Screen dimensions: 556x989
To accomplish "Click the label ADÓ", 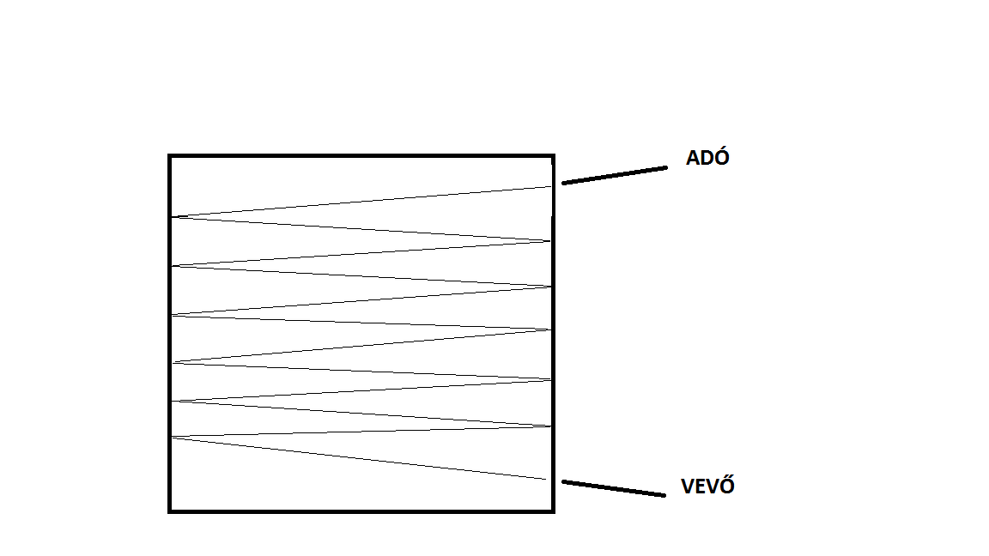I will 707,159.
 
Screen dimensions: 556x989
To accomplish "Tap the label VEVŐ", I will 707,486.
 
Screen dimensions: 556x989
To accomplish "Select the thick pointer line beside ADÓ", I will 615,175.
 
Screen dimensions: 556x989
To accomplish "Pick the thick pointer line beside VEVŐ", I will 613,488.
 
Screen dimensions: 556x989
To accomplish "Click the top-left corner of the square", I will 170,156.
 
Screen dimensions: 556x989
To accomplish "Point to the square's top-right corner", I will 553,156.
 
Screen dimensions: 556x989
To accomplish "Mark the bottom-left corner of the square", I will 170,511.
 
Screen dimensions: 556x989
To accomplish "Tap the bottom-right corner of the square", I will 553,511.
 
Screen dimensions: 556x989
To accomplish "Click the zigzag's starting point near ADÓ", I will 550,187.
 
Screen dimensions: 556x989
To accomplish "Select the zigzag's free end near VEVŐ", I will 546,479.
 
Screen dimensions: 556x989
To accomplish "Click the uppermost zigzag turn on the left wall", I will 173,217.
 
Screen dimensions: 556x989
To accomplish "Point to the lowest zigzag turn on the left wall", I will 173,438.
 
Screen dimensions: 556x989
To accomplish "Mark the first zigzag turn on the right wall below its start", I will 550,241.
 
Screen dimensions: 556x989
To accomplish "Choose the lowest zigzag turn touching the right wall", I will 550,426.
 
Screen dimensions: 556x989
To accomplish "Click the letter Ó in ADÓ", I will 721,158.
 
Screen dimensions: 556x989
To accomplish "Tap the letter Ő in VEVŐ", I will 726,486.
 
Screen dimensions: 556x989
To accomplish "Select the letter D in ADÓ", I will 707,159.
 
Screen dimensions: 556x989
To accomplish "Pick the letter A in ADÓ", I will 693,159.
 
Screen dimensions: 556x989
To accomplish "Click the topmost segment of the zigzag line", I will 361,202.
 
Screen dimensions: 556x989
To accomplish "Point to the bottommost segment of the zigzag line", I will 361,459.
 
